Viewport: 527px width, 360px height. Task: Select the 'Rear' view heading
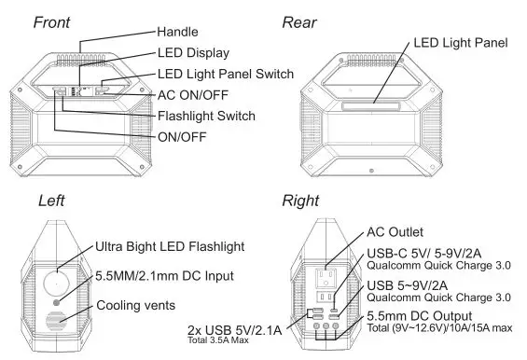(x=299, y=21)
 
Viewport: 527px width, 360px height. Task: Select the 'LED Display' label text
(x=193, y=53)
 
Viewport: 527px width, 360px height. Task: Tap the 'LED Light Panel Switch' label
(x=226, y=74)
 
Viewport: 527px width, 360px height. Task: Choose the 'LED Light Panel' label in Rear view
(x=460, y=43)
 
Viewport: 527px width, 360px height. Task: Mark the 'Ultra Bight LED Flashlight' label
(x=170, y=247)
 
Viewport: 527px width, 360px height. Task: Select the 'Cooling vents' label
(x=136, y=305)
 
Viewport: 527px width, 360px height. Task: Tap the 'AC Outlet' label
(x=396, y=230)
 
